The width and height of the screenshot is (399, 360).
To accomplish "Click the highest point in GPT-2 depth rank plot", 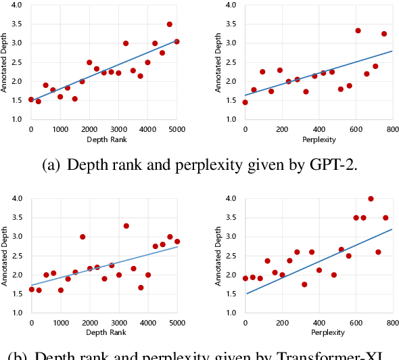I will click(x=170, y=24).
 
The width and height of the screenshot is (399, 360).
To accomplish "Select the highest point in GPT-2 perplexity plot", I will click(x=358, y=30).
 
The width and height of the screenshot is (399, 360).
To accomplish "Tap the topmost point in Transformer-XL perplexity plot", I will click(x=371, y=198).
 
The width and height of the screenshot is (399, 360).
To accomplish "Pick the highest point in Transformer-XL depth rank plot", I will click(x=126, y=225).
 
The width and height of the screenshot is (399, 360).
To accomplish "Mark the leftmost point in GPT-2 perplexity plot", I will click(x=245, y=102).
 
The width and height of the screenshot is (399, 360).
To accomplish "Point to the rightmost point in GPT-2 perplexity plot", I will click(x=384, y=34).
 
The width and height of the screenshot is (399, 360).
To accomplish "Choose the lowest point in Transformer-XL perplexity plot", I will click(x=304, y=284).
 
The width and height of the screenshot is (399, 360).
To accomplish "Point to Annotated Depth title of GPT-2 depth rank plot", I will click(x=5, y=62).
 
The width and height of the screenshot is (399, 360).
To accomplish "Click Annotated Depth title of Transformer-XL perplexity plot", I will click(x=218, y=256).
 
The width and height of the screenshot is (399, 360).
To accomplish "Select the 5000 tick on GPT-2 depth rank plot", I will click(x=177, y=129).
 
